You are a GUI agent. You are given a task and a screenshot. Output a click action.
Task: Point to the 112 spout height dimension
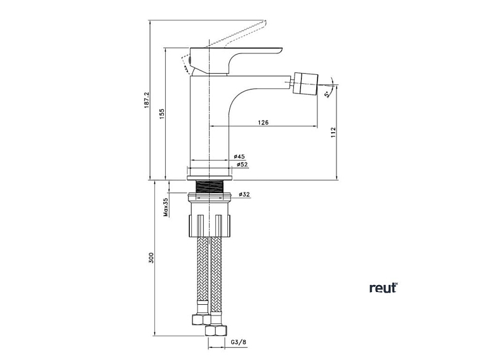333,133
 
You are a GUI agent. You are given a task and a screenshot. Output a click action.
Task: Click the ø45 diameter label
239,156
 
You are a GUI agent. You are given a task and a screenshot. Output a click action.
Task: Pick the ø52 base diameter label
241,164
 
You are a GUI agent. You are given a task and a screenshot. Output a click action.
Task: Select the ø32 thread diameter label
243,194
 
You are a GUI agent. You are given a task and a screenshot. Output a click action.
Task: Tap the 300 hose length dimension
151,258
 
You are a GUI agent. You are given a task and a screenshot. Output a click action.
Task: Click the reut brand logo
383,288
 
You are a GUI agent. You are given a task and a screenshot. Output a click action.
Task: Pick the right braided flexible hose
217,273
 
